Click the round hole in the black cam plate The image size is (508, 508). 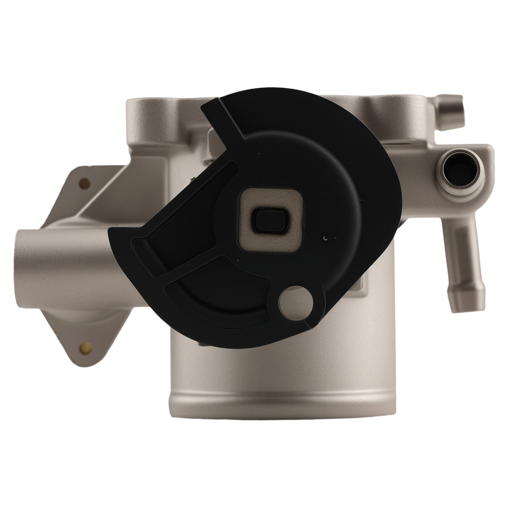(297, 303)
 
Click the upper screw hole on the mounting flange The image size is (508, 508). (85, 183)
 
